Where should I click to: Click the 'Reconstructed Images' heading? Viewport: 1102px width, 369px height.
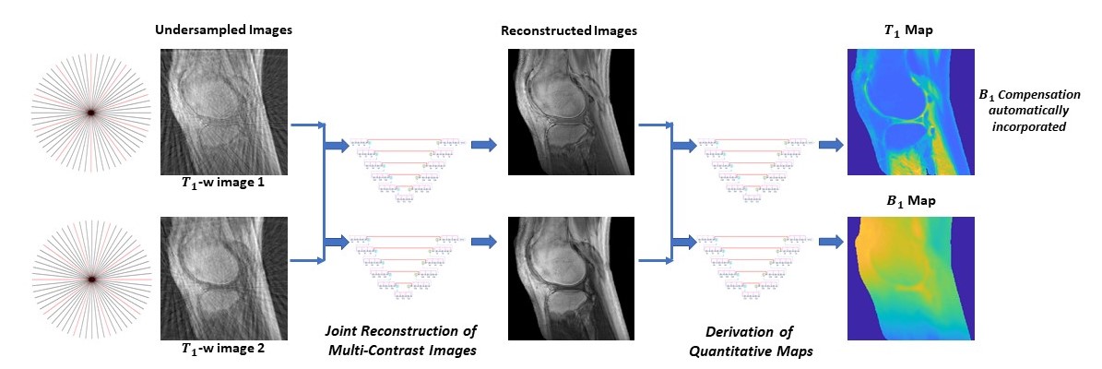coord(569,31)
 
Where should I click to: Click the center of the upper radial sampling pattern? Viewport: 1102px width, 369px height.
coord(91,112)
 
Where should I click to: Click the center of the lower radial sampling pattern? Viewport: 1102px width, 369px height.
coord(91,278)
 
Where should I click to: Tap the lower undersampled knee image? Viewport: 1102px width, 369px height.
coord(225,278)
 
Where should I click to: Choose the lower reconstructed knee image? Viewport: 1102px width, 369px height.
coord(570,278)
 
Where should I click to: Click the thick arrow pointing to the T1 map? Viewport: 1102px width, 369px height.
coord(830,145)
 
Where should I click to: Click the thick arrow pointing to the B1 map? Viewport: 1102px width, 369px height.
coord(830,242)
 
